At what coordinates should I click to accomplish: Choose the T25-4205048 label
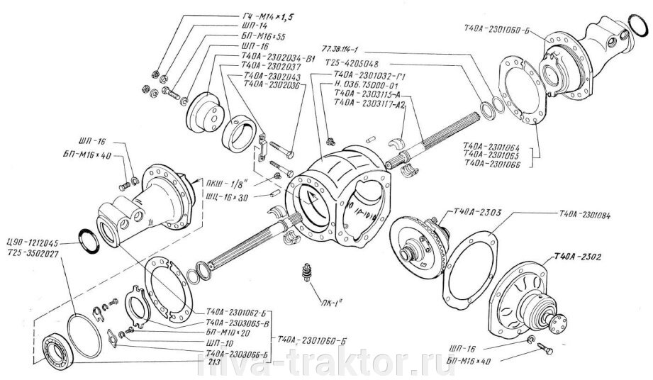point(352,62)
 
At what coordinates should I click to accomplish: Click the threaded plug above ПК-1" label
point(307,272)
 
